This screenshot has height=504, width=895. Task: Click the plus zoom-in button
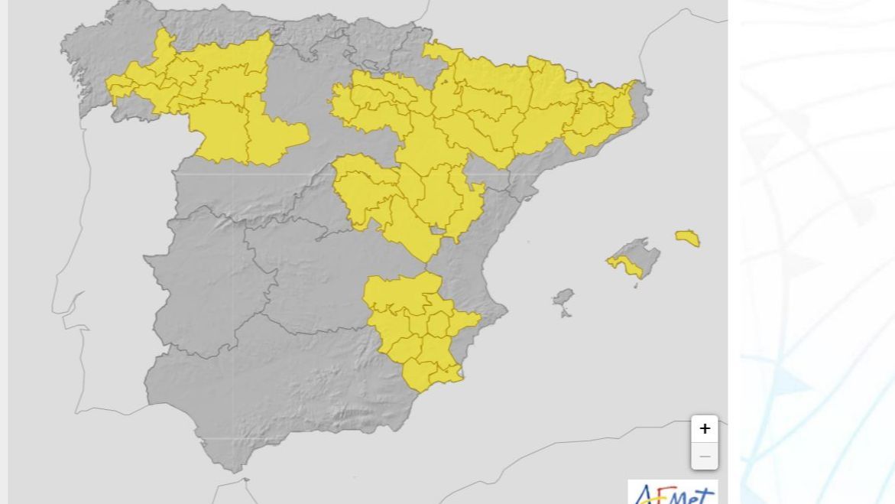point(704,429)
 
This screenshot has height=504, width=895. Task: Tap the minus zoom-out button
point(704,457)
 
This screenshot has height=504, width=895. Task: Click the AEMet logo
point(673,493)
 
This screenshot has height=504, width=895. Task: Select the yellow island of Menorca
point(688,238)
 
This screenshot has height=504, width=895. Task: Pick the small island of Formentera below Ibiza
point(566,313)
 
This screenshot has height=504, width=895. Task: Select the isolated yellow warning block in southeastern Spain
point(417,329)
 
